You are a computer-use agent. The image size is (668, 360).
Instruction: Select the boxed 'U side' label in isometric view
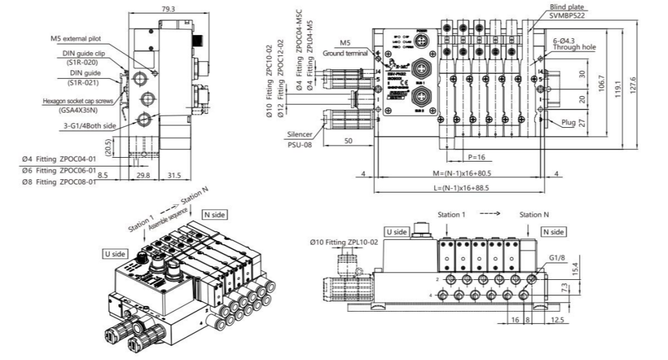pos(115,253)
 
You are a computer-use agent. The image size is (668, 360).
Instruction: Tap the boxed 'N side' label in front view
pos(552,232)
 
